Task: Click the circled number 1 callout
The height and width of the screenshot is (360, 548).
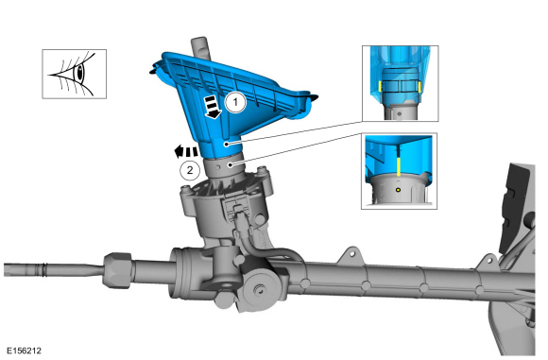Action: [x=235, y=102]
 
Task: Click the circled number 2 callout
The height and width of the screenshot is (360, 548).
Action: [x=190, y=170]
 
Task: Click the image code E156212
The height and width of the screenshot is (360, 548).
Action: [x=24, y=351]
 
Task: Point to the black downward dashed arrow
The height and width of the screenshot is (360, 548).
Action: [x=213, y=108]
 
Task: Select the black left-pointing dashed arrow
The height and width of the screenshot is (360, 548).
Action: [x=186, y=151]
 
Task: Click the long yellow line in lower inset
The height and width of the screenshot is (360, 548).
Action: [x=399, y=166]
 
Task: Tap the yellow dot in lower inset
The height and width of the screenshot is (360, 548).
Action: [x=398, y=190]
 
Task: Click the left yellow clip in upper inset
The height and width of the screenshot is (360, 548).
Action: [x=380, y=86]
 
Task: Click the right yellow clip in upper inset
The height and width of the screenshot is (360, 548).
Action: [x=420, y=87]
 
